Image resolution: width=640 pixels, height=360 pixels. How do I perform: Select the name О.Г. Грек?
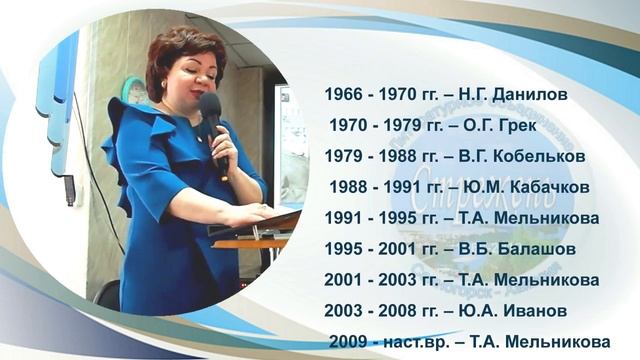(506, 125)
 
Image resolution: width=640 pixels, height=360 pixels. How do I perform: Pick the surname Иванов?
(537, 311)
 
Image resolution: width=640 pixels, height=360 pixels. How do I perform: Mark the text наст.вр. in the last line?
(423, 342)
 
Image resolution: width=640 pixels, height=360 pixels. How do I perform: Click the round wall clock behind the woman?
(134, 91)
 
